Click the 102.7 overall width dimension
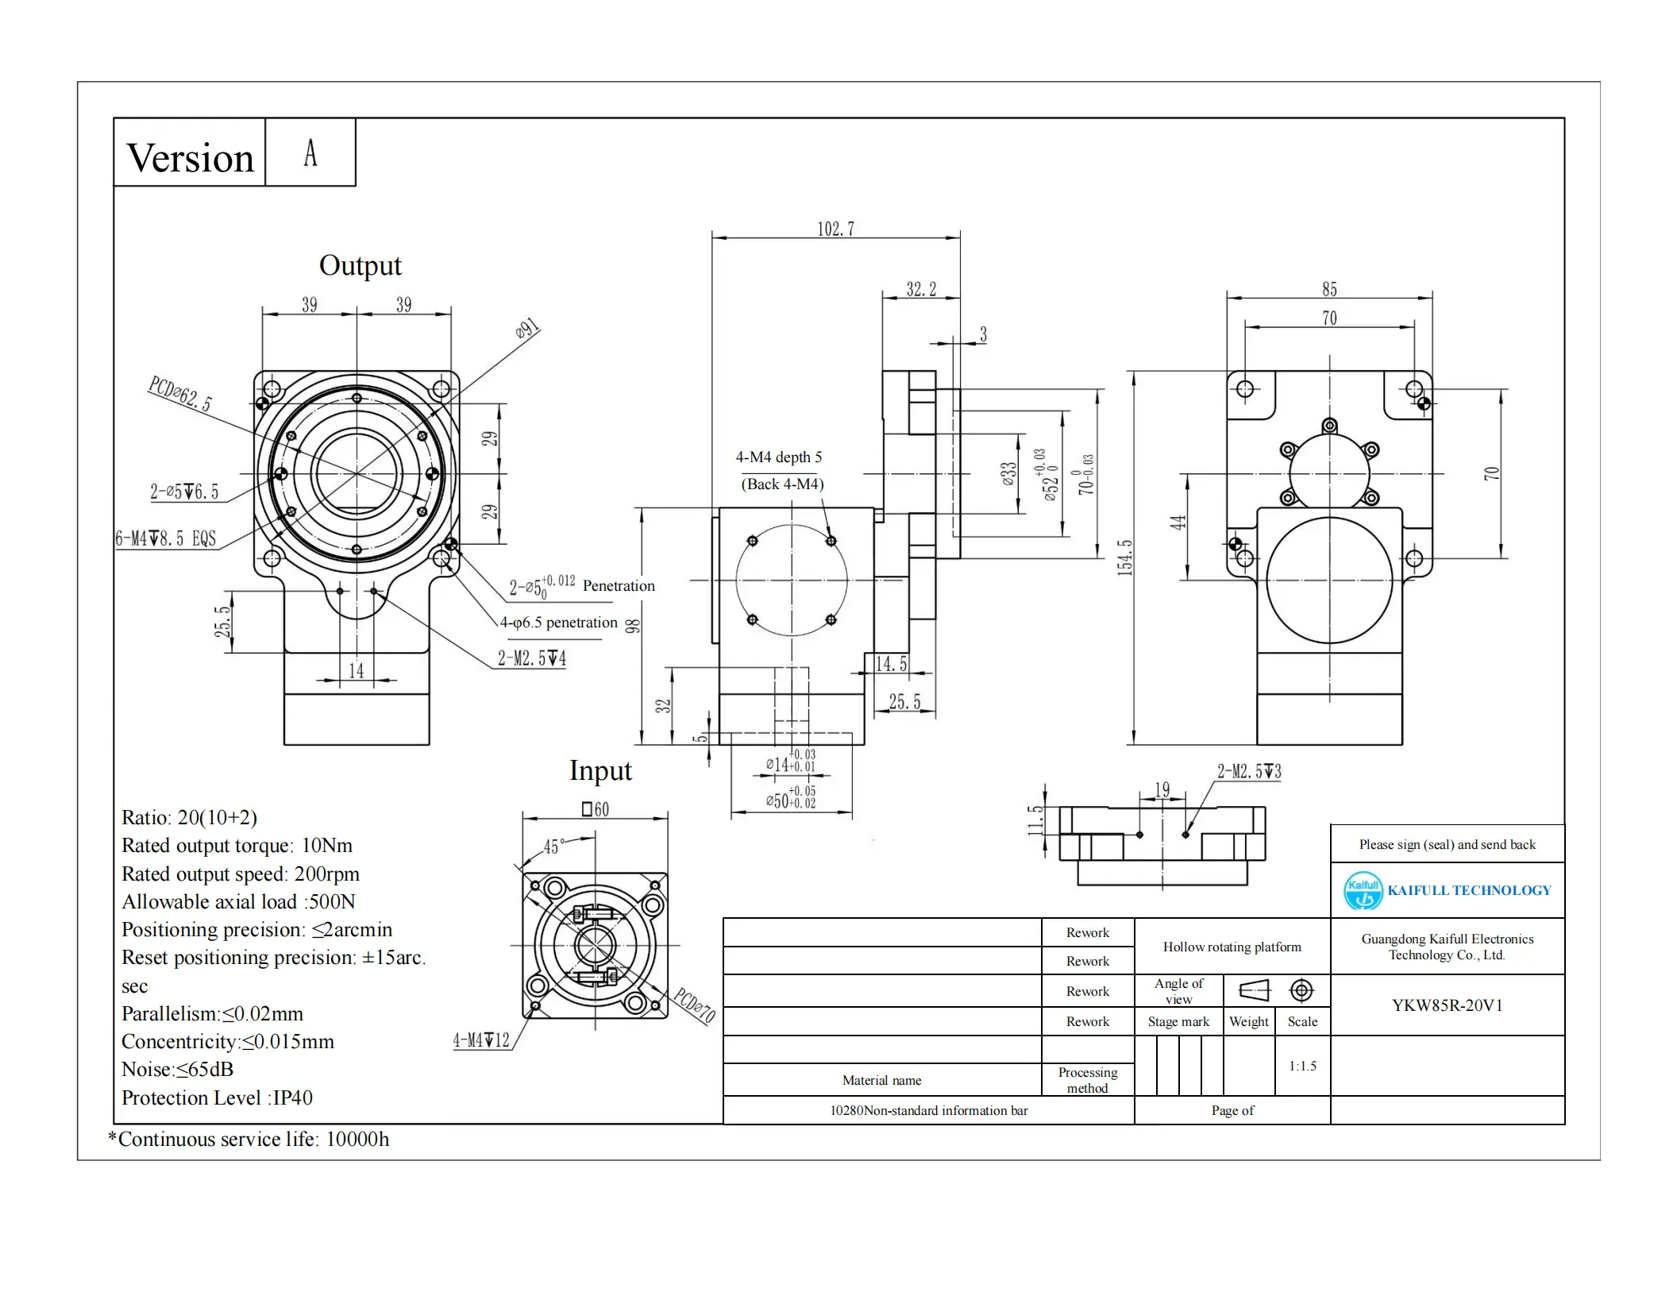[835, 229]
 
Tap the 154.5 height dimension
[1124, 557]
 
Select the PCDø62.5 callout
[180, 394]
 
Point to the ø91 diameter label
[527, 328]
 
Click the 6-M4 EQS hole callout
[166, 538]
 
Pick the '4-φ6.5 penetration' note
[558, 623]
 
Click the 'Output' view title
[360, 265]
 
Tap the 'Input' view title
[600, 770]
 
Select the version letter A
[310, 153]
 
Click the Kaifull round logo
[1363, 890]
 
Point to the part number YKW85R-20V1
[1447, 1005]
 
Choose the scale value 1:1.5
[1302, 1066]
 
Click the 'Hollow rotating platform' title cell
[1232, 947]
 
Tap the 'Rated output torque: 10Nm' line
[237, 846]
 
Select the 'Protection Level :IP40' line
[217, 1097]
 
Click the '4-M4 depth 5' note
[778, 457]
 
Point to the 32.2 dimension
[921, 289]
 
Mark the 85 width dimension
[1329, 289]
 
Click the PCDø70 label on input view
[694, 1005]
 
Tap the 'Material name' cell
[881, 1080]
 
